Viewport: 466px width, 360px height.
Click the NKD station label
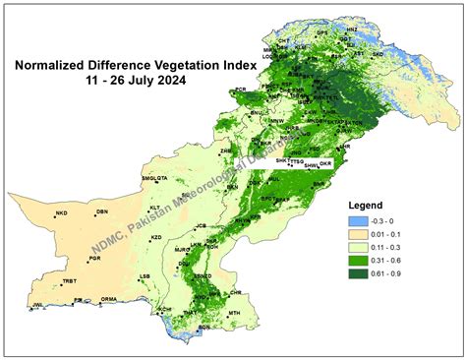[61, 212]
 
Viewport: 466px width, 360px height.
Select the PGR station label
[94, 258]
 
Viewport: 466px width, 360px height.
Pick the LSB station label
[146, 276]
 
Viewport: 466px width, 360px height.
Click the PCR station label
[241, 90]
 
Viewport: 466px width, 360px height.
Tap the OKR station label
[327, 161]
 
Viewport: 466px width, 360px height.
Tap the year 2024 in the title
[173, 81]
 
